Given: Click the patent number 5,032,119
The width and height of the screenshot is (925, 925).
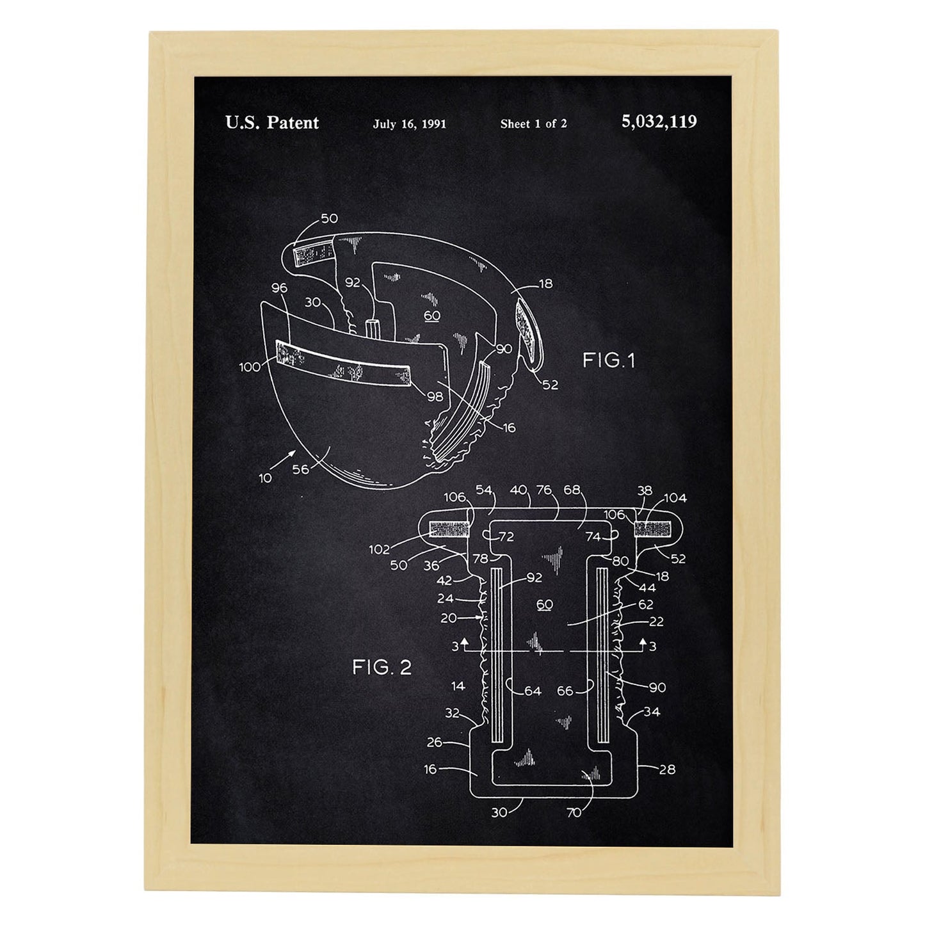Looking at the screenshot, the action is tap(659, 122).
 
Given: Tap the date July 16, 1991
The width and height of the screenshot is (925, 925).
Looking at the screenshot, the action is tap(410, 124).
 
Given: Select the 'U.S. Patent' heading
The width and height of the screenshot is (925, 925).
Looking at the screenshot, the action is tap(271, 123).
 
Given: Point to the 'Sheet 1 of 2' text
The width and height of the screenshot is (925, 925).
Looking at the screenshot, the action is tap(533, 124).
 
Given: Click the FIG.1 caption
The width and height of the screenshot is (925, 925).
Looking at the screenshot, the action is tap(609, 360).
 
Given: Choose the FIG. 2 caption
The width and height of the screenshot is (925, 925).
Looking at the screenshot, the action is tap(382, 668).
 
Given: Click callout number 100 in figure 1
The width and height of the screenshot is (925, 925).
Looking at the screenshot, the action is tap(250, 367).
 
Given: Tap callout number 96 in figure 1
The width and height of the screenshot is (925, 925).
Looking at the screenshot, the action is tap(279, 287).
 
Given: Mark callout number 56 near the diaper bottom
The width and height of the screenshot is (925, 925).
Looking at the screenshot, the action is tap(300, 469).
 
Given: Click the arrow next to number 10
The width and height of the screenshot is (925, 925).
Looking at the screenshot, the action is tap(283, 460).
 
